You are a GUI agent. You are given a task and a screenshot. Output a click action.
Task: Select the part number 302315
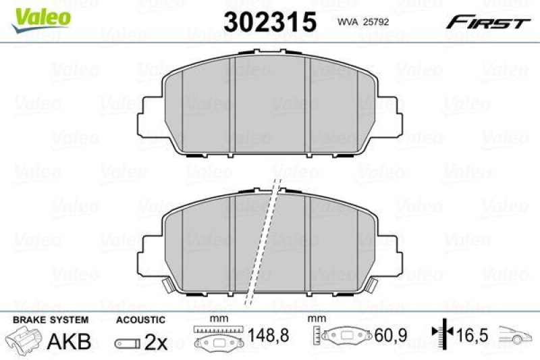click(x=269, y=22)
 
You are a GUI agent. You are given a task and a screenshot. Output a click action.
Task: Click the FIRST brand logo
click(x=487, y=23)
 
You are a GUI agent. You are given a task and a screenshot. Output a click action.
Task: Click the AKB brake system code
click(x=68, y=342)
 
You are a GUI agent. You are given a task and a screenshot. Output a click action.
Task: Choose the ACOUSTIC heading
click(x=140, y=319)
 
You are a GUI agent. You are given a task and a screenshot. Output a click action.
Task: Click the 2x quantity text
click(x=156, y=342)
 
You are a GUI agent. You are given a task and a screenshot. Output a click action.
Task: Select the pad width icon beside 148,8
click(x=217, y=338)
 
